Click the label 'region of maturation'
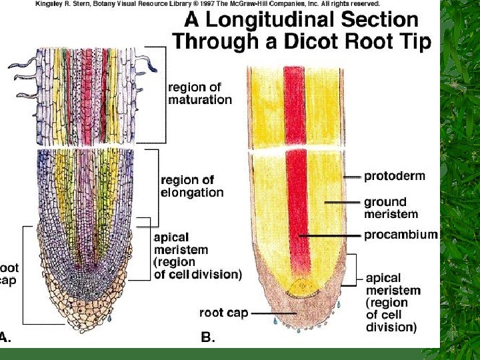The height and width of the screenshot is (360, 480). coord(200,93)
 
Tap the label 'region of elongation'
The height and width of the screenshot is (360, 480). coord(192,186)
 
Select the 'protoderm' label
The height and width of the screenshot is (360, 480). coord(394,177)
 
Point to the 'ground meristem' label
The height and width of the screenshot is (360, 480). coord(391,207)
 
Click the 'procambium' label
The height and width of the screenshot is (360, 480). coord(401,235)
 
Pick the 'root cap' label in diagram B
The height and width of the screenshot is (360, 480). coord(223,312)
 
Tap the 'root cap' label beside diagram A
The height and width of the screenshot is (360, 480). coord(9,273)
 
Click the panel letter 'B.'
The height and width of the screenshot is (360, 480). coord(208,337)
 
